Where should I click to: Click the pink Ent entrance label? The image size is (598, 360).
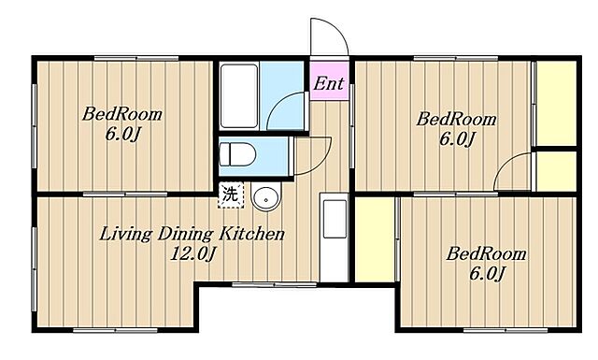[328, 83]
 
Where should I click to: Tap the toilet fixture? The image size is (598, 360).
[237, 154]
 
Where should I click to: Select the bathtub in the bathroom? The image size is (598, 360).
[239, 95]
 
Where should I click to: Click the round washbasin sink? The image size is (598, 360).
[265, 197]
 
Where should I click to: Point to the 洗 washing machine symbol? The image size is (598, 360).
[231, 195]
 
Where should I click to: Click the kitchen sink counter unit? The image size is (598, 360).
[335, 237]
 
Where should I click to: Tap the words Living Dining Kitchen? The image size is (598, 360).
[192, 234]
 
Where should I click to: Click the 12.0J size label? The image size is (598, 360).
[192, 253]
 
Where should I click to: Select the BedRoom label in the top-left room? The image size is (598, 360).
[122, 114]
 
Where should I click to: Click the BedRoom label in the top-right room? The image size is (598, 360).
[456, 119]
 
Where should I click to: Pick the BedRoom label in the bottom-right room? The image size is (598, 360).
[486, 254]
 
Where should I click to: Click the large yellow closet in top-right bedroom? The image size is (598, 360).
[556, 103]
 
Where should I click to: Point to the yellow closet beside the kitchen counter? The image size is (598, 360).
[375, 239]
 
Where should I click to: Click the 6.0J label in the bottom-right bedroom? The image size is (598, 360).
[488, 273]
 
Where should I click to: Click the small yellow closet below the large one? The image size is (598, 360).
[556, 171]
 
